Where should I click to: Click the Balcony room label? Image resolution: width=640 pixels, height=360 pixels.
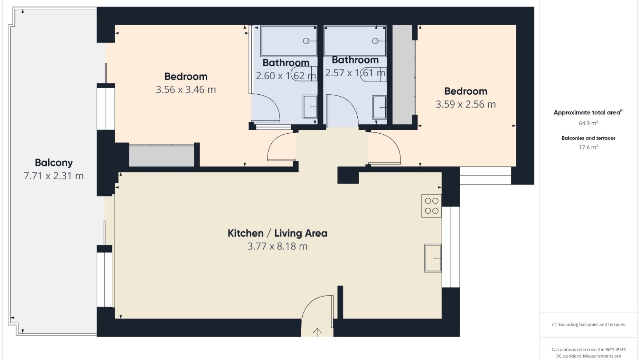coord(54,163)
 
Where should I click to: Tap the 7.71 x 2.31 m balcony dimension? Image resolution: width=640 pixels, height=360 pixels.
coord(54,176)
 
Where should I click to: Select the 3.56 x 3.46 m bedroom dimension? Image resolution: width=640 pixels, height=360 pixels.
coord(186,90)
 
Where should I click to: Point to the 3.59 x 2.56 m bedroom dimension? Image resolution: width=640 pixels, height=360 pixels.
coord(466,104)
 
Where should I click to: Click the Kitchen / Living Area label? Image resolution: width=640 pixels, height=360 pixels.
coord(277,233)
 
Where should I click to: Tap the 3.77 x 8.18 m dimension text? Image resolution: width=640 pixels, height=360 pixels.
coord(277,246)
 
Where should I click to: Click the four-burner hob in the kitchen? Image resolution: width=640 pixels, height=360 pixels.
coord(432,206)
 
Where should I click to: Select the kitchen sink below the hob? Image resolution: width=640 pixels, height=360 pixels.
coord(433,258)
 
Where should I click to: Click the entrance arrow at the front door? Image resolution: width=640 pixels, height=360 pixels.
coord(317,332)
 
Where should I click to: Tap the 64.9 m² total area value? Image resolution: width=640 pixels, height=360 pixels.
coord(588,123)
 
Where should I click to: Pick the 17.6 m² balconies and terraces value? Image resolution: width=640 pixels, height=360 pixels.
coord(588,147)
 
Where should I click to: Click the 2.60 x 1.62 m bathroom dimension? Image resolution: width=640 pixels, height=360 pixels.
coord(286,76)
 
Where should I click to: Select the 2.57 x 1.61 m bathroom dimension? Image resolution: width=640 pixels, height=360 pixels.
coord(355,73)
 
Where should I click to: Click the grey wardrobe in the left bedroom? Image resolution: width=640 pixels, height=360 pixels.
coord(162,156)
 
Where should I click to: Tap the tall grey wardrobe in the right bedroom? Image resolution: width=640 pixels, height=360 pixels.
coord(402,75)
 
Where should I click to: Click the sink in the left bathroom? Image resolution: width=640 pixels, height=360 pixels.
coord(310,107)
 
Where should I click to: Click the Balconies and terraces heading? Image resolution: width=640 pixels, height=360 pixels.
coord(588,138)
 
